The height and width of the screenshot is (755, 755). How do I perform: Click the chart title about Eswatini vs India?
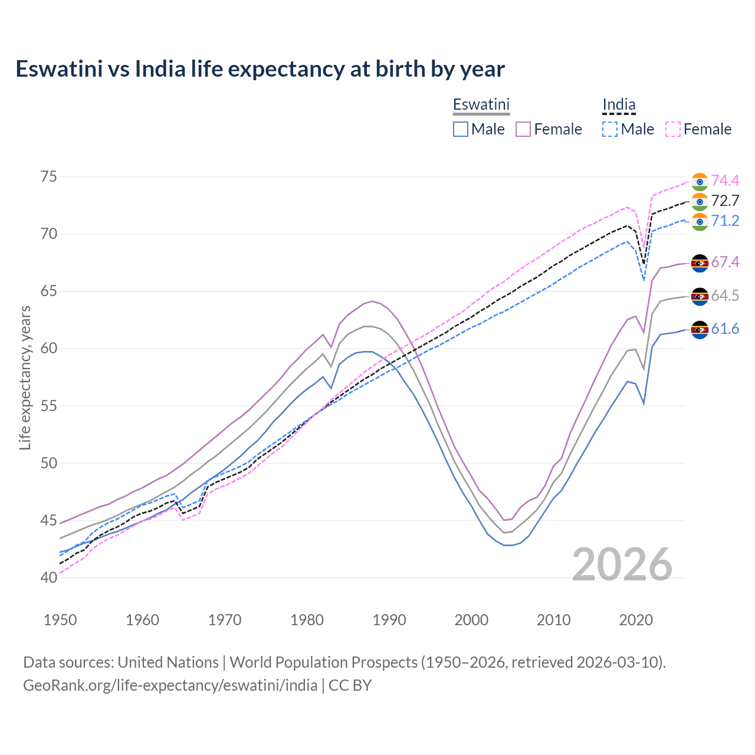(260, 69)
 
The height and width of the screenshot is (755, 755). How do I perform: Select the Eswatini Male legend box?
(461, 129)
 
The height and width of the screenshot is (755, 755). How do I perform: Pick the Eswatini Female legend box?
(523, 129)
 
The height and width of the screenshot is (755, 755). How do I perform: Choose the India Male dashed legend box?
(610, 129)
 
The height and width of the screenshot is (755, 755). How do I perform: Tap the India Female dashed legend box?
(673, 129)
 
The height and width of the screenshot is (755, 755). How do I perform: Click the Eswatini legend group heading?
(481, 105)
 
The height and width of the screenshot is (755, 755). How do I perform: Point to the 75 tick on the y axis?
(49, 177)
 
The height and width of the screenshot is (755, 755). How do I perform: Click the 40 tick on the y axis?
(49, 577)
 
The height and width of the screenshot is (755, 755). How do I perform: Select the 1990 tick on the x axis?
(389, 620)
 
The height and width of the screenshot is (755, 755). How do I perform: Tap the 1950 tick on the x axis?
(61, 620)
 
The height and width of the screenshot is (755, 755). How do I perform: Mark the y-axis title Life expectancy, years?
(25, 377)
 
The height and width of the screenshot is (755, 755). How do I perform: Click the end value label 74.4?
(725, 180)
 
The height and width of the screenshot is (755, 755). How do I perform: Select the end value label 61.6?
(725, 329)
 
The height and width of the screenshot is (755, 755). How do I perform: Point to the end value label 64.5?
(725, 296)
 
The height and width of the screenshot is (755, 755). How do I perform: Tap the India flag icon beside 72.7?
(700, 201)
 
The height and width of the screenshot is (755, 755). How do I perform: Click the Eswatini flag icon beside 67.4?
(700, 263)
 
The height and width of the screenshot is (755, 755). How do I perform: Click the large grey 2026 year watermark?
(622, 564)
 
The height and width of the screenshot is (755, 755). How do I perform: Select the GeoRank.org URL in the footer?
(170, 685)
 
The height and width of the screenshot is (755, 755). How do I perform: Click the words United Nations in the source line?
(168, 662)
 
